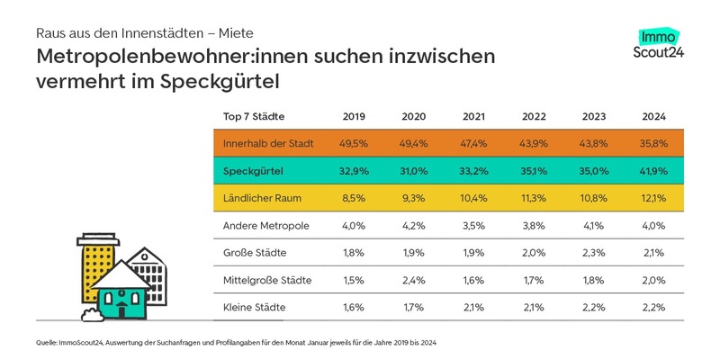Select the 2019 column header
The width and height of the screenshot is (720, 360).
tap(354, 116)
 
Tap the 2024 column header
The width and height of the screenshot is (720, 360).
tap(655, 116)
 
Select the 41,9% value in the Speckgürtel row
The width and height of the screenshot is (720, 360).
tap(655, 171)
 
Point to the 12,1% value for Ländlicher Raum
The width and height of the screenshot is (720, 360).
tap(655, 198)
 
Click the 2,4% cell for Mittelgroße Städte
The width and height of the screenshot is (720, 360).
tap(414, 281)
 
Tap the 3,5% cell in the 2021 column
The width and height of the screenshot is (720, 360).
tap(474, 226)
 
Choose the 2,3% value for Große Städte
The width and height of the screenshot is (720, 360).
tap(595, 253)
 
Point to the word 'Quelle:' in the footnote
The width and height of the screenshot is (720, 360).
tap(48, 343)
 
